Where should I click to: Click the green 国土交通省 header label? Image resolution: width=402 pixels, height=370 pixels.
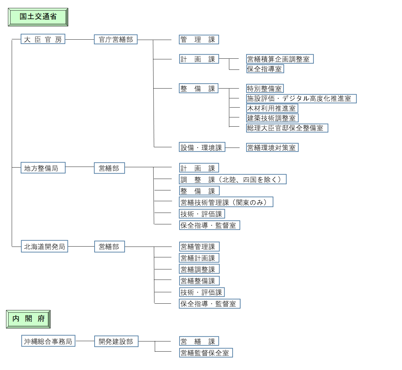click(38, 17)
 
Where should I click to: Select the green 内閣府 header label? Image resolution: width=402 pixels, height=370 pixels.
click(28, 319)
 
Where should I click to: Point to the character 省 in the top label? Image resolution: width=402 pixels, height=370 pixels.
click(53, 17)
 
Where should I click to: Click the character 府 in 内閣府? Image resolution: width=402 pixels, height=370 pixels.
click(41, 319)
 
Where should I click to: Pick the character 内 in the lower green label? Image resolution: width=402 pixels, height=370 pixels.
click(16, 319)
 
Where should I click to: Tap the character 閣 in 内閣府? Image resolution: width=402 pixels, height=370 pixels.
click(29, 319)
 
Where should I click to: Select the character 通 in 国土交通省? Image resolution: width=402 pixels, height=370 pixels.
click(45, 17)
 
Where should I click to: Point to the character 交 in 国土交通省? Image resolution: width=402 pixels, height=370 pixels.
click(38, 17)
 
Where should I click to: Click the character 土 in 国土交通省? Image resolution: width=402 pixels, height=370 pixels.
click(30, 17)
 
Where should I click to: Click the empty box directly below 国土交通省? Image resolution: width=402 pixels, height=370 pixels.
click(43, 39)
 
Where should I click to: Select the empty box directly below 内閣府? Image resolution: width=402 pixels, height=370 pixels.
click(48, 341)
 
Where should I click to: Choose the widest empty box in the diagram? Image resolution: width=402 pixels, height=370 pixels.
click(301, 99)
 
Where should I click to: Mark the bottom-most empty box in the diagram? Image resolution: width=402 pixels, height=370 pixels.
click(206, 353)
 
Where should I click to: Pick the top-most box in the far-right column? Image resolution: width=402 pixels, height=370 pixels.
click(280, 59)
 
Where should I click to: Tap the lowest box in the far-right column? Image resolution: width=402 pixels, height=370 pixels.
click(272, 147)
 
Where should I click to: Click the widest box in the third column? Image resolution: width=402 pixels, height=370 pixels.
click(233, 179)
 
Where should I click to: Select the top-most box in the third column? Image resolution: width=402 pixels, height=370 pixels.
click(199, 39)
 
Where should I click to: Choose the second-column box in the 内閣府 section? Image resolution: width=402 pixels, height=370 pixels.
click(116, 341)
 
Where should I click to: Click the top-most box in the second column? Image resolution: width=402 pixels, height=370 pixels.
click(116, 39)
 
